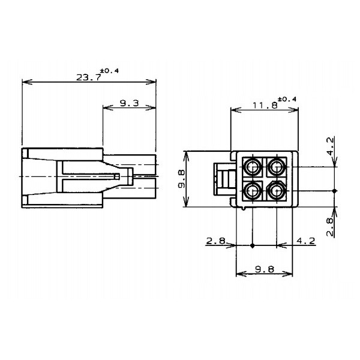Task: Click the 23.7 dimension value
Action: point(89,77)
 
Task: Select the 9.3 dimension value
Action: point(129,103)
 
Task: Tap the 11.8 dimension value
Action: point(265,105)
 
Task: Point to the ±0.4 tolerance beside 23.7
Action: point(111,71)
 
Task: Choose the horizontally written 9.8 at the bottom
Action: point(265,269)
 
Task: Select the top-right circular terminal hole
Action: point(276,166)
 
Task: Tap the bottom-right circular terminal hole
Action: point(276,191)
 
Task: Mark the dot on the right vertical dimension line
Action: point(335,191)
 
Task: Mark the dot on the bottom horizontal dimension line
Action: point(253,246)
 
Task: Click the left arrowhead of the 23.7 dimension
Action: point(24,82)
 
